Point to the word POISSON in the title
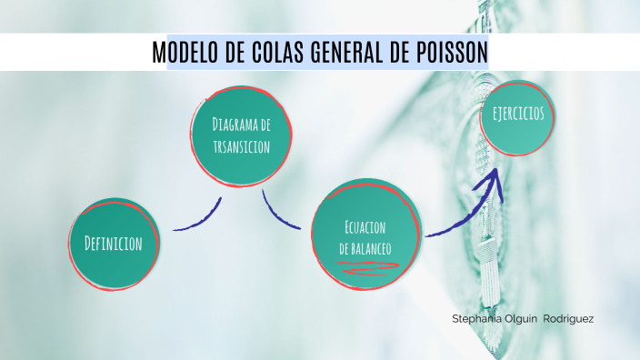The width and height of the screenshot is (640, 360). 451,54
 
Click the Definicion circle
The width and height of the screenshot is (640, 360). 114,243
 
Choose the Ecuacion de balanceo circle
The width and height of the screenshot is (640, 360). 367,235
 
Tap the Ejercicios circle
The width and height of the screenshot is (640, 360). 518,115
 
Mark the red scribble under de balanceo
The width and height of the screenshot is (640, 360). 367,266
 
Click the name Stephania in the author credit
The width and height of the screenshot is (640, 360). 475,319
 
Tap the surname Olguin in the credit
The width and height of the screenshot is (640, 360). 521,319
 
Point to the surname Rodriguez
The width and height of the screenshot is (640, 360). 568,319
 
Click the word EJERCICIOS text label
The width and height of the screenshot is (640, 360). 518,114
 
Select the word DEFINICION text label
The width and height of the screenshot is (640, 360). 114,244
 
